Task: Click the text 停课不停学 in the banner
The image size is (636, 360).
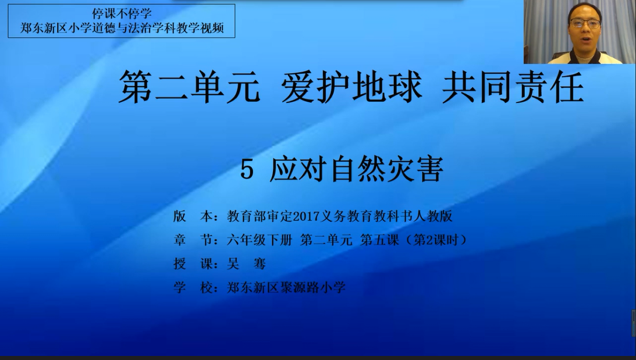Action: point(122,13)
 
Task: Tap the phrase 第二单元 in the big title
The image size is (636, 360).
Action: point(190,87)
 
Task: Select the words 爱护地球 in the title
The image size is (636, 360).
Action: point(351,87)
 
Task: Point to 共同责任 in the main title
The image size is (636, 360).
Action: point(513,87)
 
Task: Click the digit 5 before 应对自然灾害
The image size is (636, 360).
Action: point(247,169)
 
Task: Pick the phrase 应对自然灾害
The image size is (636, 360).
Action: point(356,169)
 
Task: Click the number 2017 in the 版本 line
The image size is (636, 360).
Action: point(306,216)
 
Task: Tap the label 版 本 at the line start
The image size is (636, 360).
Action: point(193,216)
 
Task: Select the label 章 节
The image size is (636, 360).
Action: point(193,240)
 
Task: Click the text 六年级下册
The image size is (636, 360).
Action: point(259,240)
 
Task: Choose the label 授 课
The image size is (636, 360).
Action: point(193,264)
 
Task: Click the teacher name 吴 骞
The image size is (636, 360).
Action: point(246,264)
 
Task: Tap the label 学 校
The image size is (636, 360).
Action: point(193,287)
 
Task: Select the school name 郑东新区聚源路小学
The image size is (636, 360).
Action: point(286,287)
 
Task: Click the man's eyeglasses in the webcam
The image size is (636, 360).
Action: point(584,23)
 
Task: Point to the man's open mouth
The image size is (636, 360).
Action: point(584,38)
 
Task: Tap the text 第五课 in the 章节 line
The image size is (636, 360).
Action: point(379,240)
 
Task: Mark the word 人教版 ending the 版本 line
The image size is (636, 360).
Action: point(433,216)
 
